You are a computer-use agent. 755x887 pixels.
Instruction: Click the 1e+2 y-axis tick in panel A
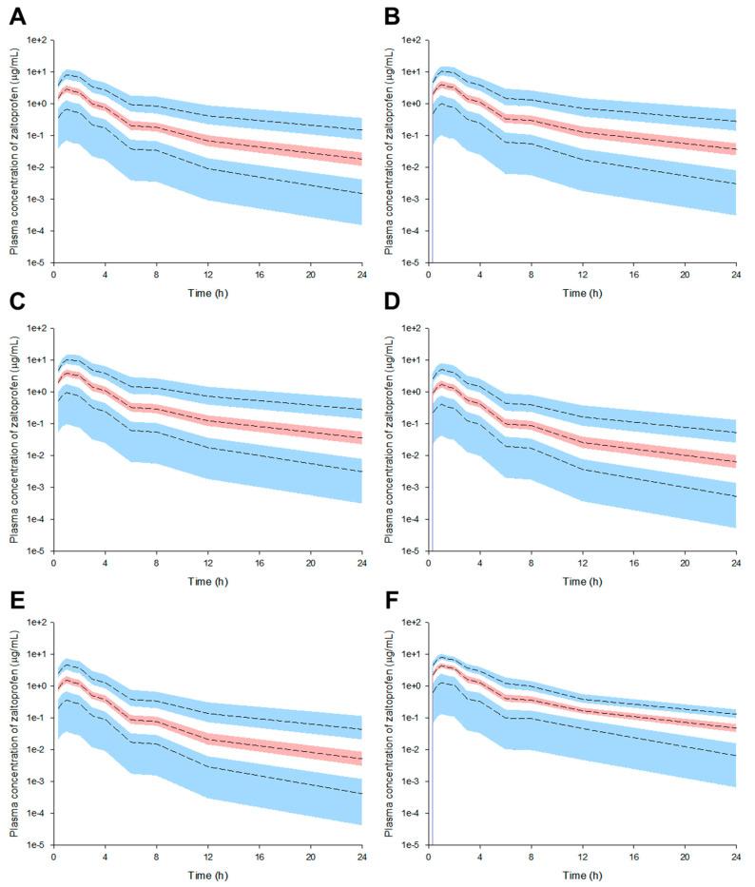(36, 40)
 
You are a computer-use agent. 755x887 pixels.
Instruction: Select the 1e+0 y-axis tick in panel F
(411, 685)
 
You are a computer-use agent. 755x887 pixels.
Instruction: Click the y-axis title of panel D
(388, 438)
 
